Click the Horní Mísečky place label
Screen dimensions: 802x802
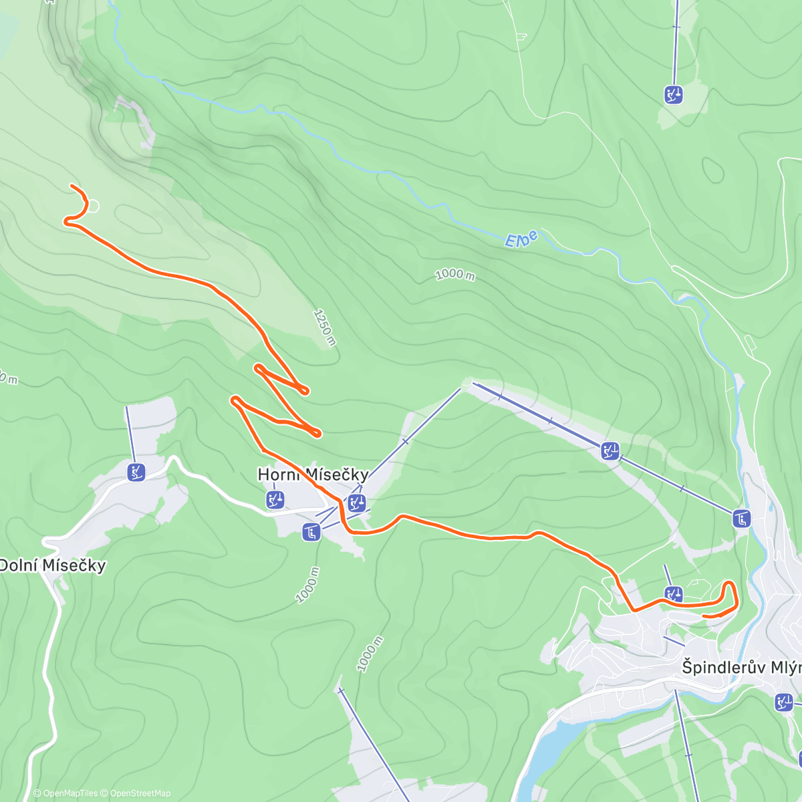313,475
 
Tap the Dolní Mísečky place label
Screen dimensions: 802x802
52,565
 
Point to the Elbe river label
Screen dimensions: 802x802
521,239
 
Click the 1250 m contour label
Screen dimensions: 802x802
324,327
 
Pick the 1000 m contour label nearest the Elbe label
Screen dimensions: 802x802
454,275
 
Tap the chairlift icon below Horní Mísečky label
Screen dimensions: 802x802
311,533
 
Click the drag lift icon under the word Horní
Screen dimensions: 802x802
275,499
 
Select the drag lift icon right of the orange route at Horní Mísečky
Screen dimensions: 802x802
357,503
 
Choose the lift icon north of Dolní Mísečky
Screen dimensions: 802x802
136,473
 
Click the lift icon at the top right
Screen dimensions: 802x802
674,95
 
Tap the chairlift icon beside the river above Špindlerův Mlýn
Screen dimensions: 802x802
741,518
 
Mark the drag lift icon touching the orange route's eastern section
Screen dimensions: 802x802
674,593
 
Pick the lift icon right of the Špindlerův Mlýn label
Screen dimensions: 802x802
784,702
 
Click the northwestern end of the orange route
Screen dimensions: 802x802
72,186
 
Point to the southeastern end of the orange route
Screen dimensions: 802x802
705,616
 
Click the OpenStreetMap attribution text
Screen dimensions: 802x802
140,793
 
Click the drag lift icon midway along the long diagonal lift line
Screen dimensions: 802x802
610,451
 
